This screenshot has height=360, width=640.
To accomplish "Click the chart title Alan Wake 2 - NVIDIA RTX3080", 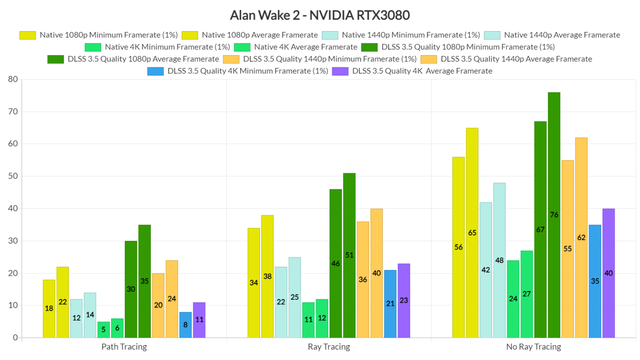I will (320, 15).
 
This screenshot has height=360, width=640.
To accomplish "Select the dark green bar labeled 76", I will (554, 215).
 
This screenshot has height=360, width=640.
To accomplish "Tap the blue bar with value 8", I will (185, 325).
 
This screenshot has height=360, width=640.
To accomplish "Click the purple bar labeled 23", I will (404, 300).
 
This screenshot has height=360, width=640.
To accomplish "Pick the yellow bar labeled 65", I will (472, 232).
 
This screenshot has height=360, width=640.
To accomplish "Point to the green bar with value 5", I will (103, 329).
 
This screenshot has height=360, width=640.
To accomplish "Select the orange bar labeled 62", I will (581, 237).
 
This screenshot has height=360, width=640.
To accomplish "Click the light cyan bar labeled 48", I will (499, 260).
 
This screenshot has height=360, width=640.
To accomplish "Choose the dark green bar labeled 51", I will (349, 255).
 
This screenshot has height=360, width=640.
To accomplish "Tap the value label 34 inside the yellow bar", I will (254, 282).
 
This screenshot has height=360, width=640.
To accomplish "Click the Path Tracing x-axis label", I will (124, 347).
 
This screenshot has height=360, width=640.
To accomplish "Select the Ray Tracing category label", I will (329, 347).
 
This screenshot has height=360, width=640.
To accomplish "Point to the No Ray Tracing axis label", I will (533, 347).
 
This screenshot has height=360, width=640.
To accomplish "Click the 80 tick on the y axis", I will (12, 79).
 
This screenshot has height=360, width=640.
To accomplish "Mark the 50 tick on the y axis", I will (12, 176).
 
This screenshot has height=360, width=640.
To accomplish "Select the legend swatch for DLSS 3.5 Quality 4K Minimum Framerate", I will (155, 71).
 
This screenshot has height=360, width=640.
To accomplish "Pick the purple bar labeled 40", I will (608, 273).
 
